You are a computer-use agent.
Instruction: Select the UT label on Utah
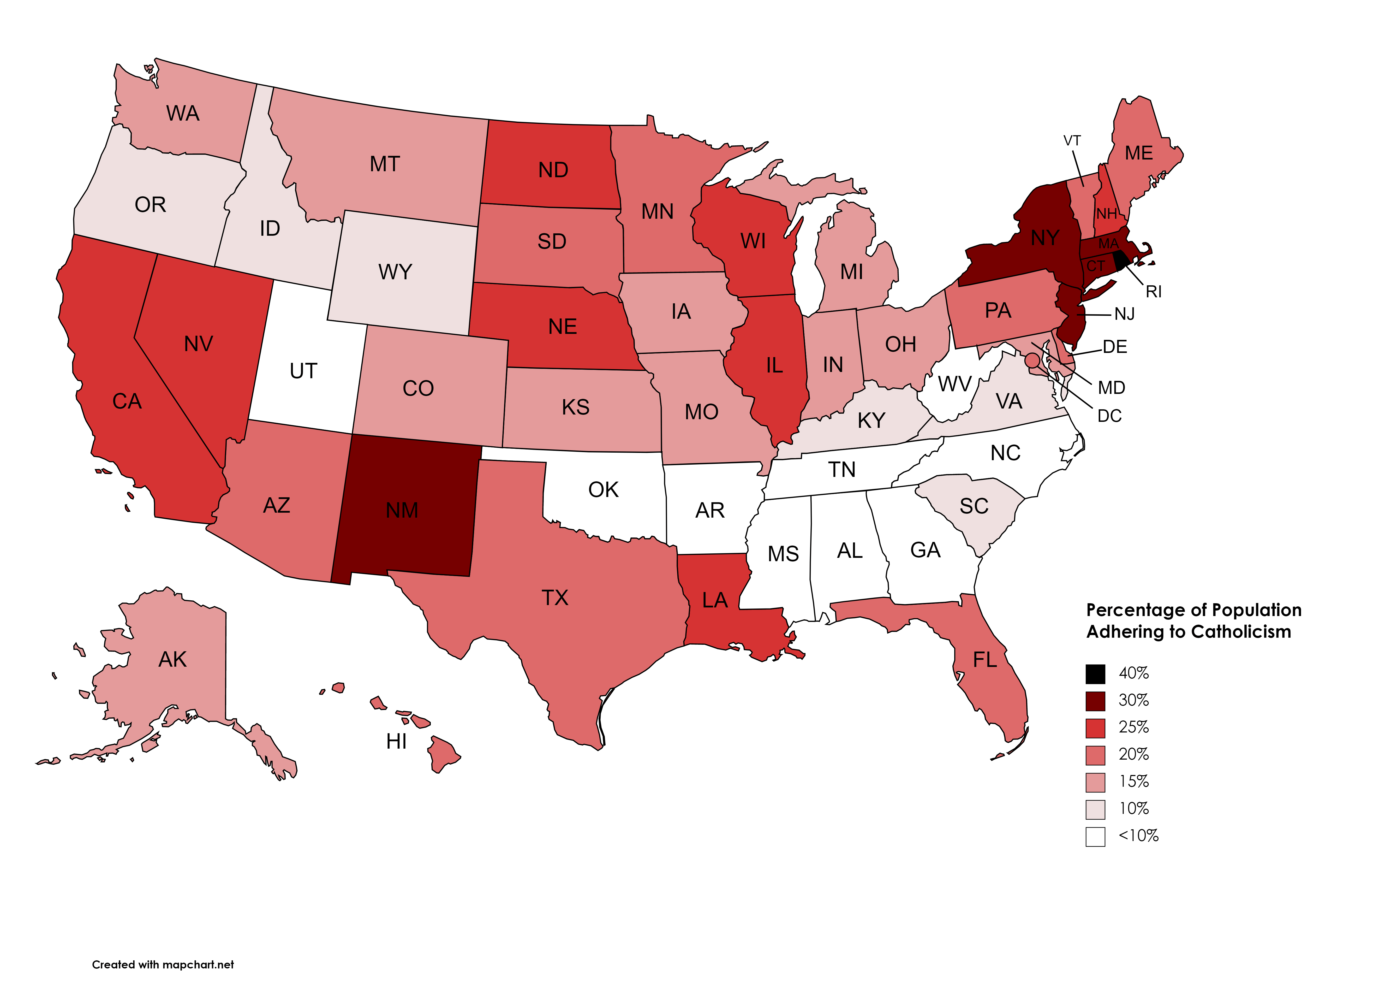[x=303, y=371]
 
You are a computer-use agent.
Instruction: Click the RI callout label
[x=1154, y=292]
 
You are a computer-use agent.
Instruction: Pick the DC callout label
[x=1109, y=416]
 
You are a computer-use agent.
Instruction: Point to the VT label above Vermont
[x=1072, y=141]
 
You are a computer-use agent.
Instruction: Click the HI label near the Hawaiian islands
[x=396, y=741]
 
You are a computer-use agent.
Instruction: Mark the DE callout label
[x=1115, y=347]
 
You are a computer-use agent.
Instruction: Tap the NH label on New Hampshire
[x=1107, y=214]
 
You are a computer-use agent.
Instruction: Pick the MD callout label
[x=1111, y=388]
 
